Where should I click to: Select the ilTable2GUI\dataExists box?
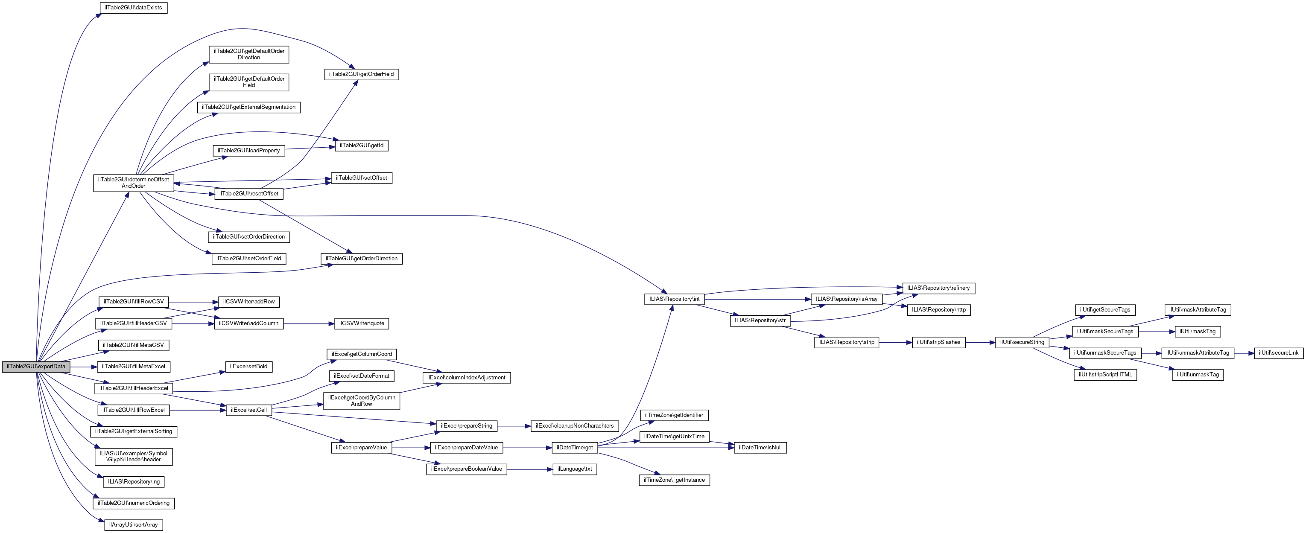133,8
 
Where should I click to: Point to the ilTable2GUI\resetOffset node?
248,194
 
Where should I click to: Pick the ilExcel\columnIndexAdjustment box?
466,378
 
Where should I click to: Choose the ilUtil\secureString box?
1022,343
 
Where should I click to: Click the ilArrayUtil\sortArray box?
133,525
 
